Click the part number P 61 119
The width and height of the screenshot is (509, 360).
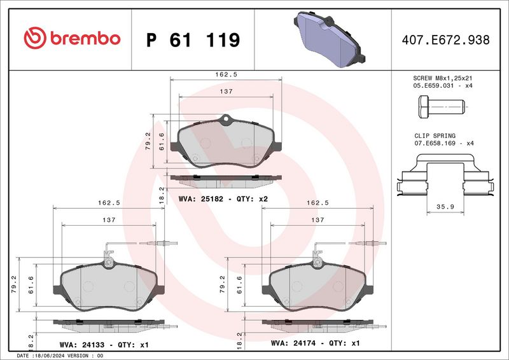pos(193,40)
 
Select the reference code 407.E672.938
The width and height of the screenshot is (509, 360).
pos(446,40)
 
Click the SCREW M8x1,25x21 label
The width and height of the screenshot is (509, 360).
pos(443,78)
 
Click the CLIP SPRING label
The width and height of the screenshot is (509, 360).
pos(435,135)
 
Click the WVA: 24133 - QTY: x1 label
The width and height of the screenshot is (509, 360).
pos(104,344)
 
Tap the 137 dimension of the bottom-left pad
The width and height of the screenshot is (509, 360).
pos(108,219)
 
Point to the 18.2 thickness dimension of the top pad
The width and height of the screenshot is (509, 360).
pos(161,193)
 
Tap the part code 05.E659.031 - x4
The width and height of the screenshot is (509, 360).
pos(443,85)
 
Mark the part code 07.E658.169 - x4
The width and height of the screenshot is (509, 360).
pos(443,143)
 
